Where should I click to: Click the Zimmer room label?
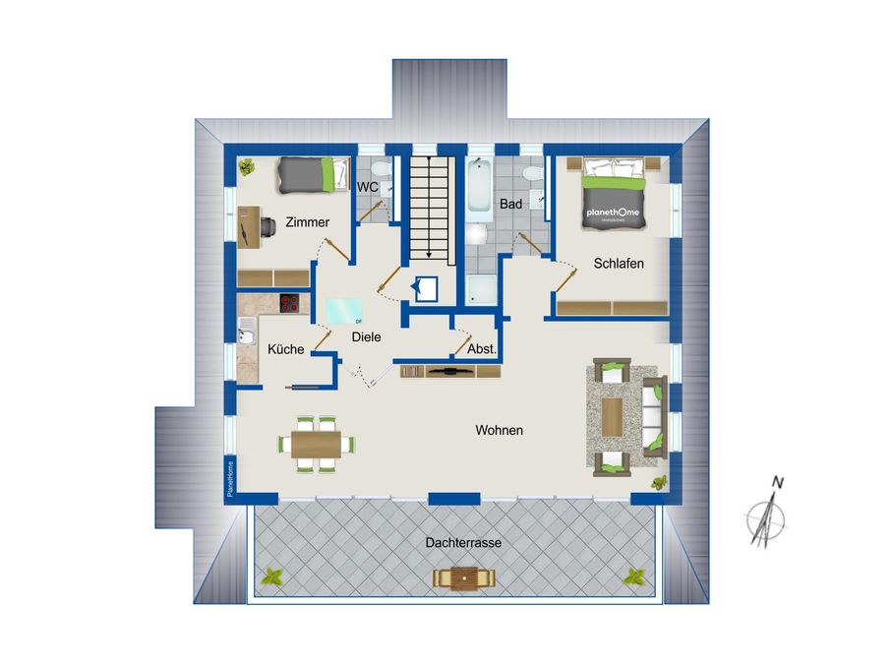pos(307,222)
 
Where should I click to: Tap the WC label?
pos(368,186)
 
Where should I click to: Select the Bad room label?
pos(510,205)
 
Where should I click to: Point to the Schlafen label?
pos(619,264)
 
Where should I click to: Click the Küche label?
pos(285,349)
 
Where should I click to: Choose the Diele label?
pos(366,336)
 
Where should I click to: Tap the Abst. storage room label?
pos(481,349)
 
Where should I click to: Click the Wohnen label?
pos(499,430)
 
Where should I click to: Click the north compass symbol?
pos(765,514)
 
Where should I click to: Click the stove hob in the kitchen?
pos(290,303)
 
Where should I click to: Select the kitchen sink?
pos(246,330)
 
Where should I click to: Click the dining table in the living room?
pos(316,443)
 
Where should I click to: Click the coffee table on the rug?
pos(615,415)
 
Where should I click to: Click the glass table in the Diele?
pos(344,310)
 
